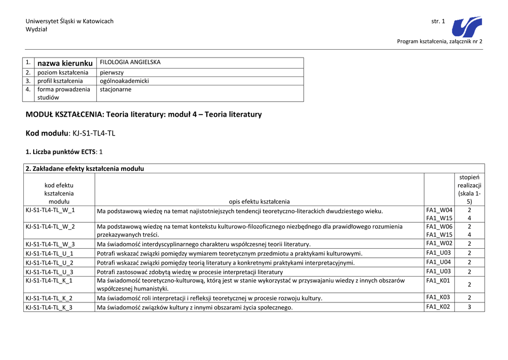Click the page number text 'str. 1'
pos(438,21)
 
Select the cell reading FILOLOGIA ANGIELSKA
pos(130,63)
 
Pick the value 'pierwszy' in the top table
pos(112,72)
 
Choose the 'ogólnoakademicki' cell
pos(124,81)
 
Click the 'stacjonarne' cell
pos(116,89)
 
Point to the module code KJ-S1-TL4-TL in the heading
pos(94,133)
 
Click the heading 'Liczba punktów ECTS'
pos(61,151)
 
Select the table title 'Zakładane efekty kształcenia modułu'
pos(85,168)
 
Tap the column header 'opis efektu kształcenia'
pos(259,202)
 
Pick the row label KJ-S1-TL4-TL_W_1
pos(50,210)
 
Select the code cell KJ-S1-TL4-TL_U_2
pos(50,263)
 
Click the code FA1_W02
pos(439,243)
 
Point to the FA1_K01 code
pos(439,281)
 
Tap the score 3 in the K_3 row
pos(469,307)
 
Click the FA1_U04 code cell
pos(439,262)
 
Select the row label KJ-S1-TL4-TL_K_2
pos(49,298)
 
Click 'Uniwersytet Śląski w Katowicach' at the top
pos(69,21)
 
